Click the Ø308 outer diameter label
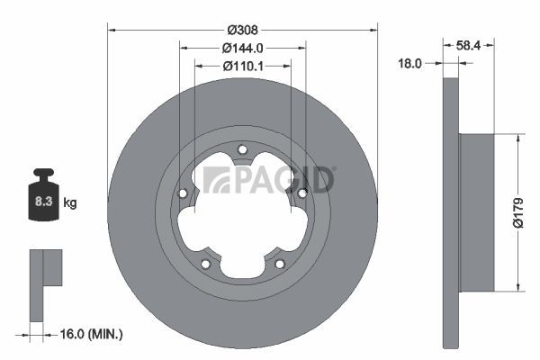[x=242, y=31]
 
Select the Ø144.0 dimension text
[x=242, y=49]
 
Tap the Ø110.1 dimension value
[x=243, y=66]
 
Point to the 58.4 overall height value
[x=468, y=45]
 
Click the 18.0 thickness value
[x=409, y=63]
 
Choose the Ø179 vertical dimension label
[x=517, y=212]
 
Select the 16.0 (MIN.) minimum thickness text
[x=91, y=334]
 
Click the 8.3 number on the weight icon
[x=43, y=202]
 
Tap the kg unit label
[x=70, y=202]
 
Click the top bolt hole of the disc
[x=242, y=150]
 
